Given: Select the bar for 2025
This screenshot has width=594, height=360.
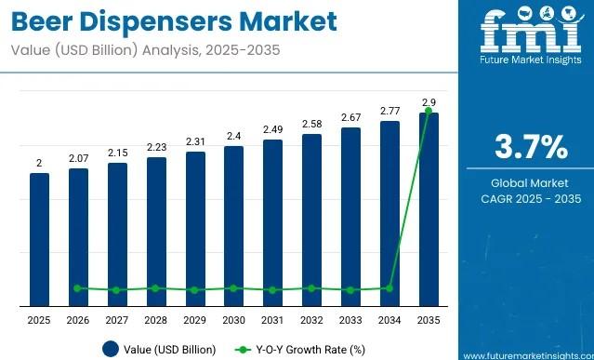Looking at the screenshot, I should coord(39,239).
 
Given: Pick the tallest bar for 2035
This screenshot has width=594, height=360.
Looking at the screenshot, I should coord(428,208).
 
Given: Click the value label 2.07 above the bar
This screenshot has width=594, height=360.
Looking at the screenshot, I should coord(78,159).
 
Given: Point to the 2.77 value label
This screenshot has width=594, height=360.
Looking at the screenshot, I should coord(389,111).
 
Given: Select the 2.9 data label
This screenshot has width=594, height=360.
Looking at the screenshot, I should coord(428,101).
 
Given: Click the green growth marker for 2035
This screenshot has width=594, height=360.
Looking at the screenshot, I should coord(428,112).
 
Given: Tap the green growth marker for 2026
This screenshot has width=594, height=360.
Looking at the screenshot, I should coord(78,288).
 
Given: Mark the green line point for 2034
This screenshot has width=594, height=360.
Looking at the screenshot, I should coord(389,288).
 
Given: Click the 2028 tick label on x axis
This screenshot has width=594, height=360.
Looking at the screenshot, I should coord(155,320).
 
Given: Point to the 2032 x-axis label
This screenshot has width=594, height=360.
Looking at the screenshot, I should coord(310,320).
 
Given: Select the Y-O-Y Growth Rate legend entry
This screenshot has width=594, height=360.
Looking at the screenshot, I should coord(296,350).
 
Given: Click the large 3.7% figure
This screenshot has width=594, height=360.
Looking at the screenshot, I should coord(528,148).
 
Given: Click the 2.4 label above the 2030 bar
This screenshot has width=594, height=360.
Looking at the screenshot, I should coord(233,136).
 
